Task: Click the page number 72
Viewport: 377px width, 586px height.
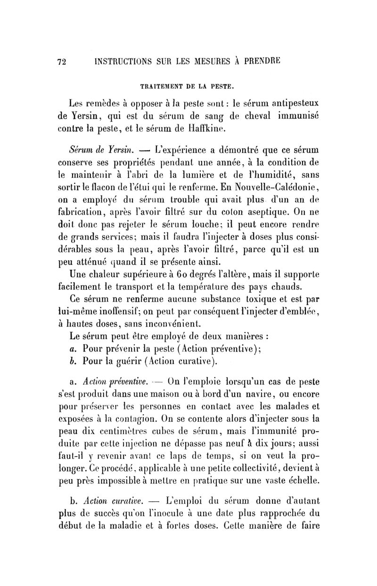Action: [60, 61]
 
